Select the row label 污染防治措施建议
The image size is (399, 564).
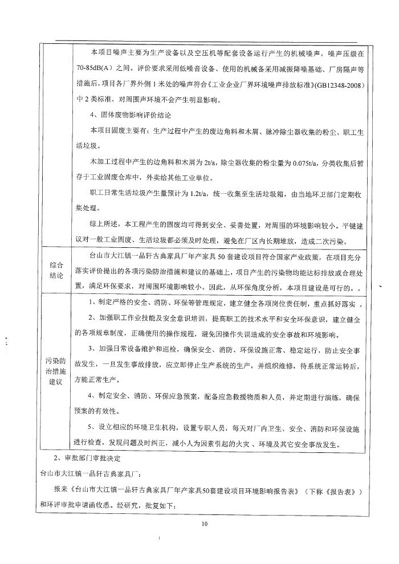(56, 370)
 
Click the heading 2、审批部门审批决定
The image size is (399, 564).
(88, 458)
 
